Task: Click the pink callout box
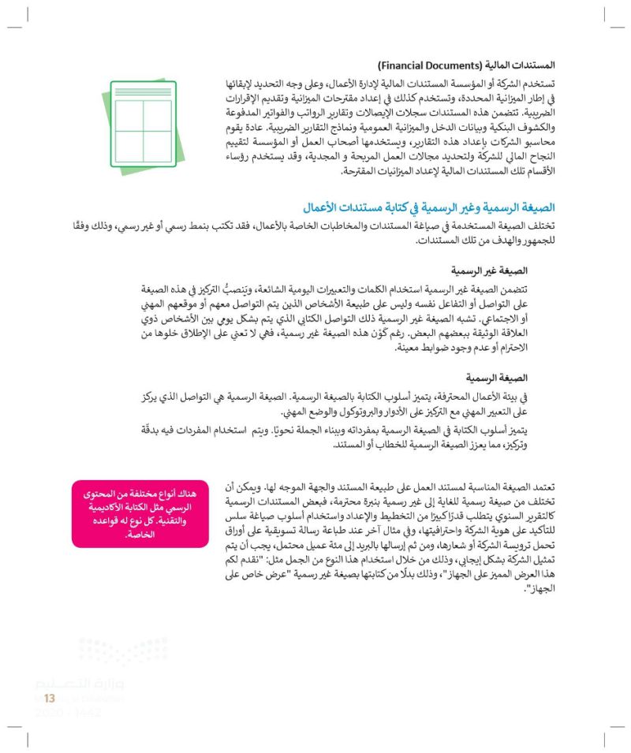pyautogui.click(x=140, y=513)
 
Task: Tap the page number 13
pyautogui.click(x=49, y=697)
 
